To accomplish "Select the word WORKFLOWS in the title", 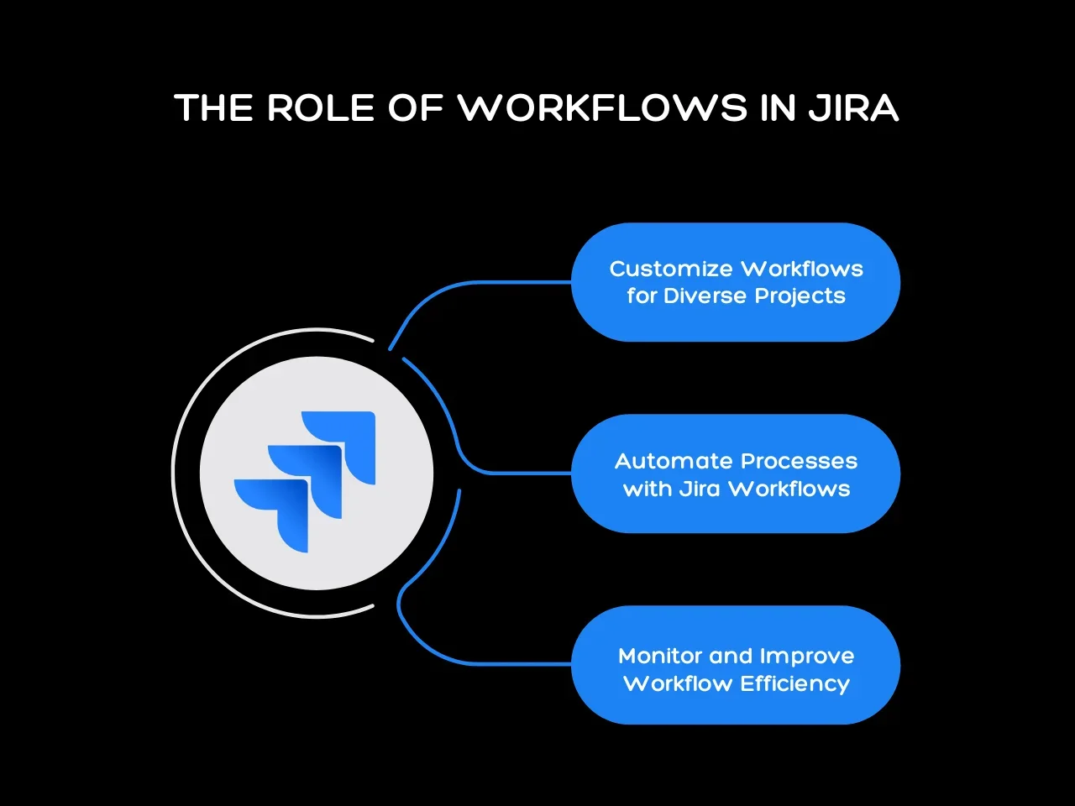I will pyautogui.click(x=601, y=108).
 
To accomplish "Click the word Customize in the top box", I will pyautogui.click(x=670, y=269).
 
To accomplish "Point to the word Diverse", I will pyautogui.click(x=705, y=296).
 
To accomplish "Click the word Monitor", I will pyautogui.click(x=660, y=656).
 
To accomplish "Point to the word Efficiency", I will pyautogui.click(x=794, y=683).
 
